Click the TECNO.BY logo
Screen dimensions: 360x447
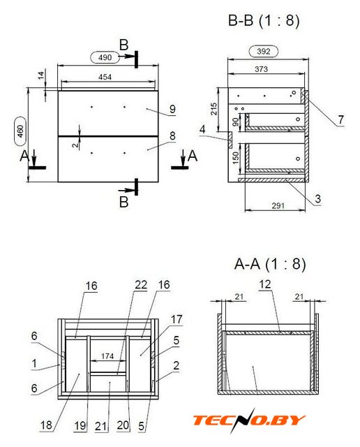click(249, 420)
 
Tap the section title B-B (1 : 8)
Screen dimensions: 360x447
click(264, 21)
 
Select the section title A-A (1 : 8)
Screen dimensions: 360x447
click(270, 264)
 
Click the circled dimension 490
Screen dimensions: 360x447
click(105, 57)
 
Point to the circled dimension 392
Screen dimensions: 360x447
click(264, 51)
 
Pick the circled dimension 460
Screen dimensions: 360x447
click(20, 131)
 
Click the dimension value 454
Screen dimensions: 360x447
click(105, 77)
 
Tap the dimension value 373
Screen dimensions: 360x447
click(261, 69)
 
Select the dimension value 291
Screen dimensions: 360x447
click(278, 205)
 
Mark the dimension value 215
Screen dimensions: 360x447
click(213, 109)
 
